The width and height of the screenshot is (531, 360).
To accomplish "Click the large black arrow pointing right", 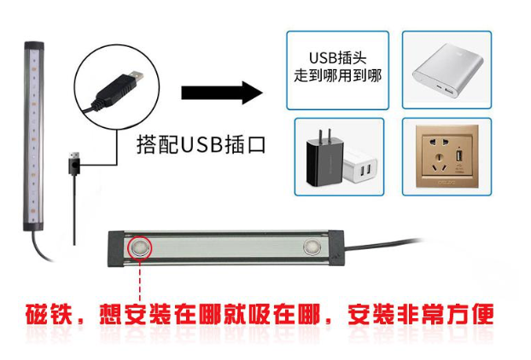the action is [222, 92].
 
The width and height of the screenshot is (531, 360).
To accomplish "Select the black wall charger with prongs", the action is [324, 159].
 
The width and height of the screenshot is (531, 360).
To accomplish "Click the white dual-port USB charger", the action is [360, 166].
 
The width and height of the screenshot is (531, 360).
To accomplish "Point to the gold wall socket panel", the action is [447, 156].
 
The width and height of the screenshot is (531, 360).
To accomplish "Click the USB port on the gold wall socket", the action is [459, 156].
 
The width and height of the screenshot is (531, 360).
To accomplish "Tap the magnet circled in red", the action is [139, 247].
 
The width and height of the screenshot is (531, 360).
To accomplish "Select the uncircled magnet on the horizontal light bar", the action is [311, 247].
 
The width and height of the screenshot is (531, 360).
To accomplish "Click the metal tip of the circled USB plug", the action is [137, 77].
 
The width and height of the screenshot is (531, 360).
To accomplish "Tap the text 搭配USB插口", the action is [201, 145].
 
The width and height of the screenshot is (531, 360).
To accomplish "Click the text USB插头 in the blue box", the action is [337, 58].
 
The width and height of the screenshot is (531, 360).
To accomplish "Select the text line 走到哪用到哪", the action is [337, 75].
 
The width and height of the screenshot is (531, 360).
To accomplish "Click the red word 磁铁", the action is [50, 314].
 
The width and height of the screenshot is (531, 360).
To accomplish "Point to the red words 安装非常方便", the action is [421, 314].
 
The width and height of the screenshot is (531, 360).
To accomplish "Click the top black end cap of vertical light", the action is [34, 46].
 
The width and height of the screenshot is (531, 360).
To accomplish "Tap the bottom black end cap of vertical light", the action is [33, 225].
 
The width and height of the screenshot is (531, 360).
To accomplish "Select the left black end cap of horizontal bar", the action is [116, 249].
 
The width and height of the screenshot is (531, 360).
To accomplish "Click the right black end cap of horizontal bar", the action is [336, 247].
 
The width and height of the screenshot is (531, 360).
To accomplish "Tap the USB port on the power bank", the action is [449, 91].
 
